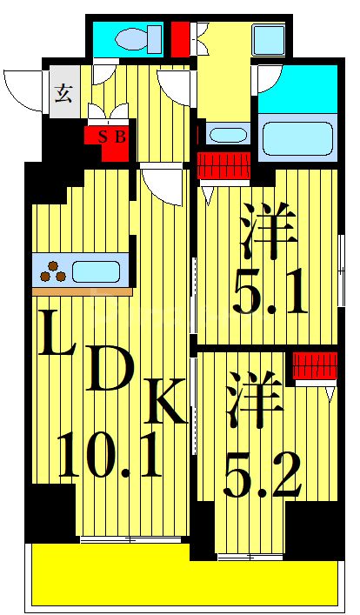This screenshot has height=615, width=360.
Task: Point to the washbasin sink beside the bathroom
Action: tap(228, 136)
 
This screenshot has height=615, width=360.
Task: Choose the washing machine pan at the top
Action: tap(269, 40)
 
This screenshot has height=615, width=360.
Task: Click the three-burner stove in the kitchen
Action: tap(52, 271)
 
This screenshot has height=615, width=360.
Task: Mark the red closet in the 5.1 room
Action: tap(224, 164)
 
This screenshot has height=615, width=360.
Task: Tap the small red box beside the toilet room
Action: tap(178, 38)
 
